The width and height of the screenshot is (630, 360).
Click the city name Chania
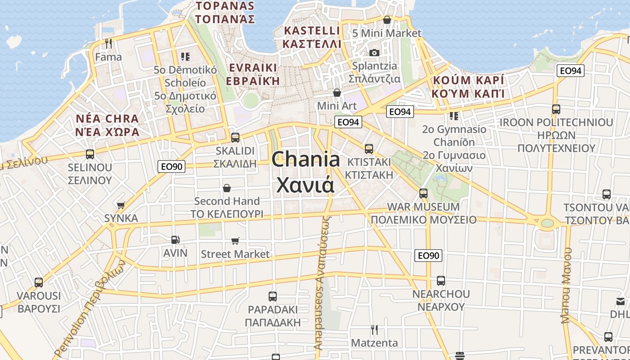click(306, 160)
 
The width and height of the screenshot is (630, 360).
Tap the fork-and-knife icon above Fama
click(108, 43)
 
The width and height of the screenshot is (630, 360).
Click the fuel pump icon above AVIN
click(175, 240)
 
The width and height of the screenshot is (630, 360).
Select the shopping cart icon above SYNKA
click(121, 205)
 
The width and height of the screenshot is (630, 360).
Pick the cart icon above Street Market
click(235, 241)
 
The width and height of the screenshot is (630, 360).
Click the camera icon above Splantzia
click(374, 53)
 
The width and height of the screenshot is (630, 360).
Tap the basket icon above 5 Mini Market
click(387, 20)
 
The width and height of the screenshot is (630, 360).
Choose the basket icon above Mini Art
click(337, 93)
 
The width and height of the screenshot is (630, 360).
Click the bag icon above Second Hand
click(227, 188)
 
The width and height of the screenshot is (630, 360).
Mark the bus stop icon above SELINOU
click(90, 154)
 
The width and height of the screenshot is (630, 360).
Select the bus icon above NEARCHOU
click(441, 281)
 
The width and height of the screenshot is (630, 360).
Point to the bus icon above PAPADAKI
click(272, 296)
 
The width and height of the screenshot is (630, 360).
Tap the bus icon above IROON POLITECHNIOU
click(556, 109)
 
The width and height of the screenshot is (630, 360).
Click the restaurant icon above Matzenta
click(374, 330)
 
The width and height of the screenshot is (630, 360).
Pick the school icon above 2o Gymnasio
click(454, 116)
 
